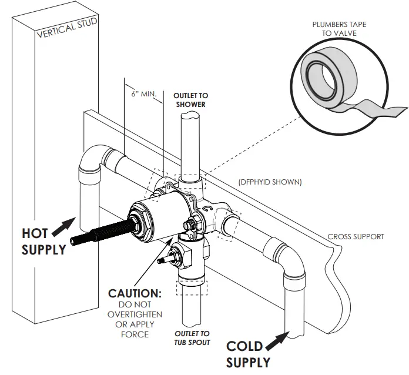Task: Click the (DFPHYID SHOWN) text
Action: tap(270, 182)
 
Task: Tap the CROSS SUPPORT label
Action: tap(356, 237)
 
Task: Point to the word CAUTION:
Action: tap(135, 293)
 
